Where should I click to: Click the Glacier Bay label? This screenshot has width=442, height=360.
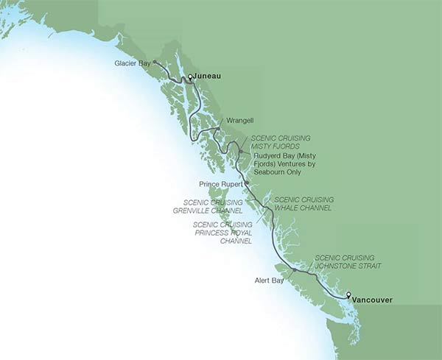pos(133,63)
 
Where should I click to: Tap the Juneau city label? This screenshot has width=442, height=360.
pos(208,76)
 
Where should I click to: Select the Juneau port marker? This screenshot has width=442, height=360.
pos(189,77)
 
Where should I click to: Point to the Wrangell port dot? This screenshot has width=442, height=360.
pos(218,129)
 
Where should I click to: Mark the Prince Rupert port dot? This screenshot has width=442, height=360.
pos(247,183)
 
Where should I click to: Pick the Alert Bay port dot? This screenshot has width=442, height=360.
pos(294,270)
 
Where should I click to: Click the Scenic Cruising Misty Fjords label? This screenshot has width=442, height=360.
pos(281,142)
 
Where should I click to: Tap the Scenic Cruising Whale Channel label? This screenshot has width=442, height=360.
pos(304,204)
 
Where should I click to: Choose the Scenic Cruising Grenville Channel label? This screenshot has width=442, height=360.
pos(219,205)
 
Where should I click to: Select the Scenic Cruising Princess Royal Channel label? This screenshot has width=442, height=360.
pos(222,233)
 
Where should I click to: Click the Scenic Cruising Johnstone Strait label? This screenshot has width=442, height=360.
pos(348,263)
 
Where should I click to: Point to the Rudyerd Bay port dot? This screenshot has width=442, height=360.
pos(240,152)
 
